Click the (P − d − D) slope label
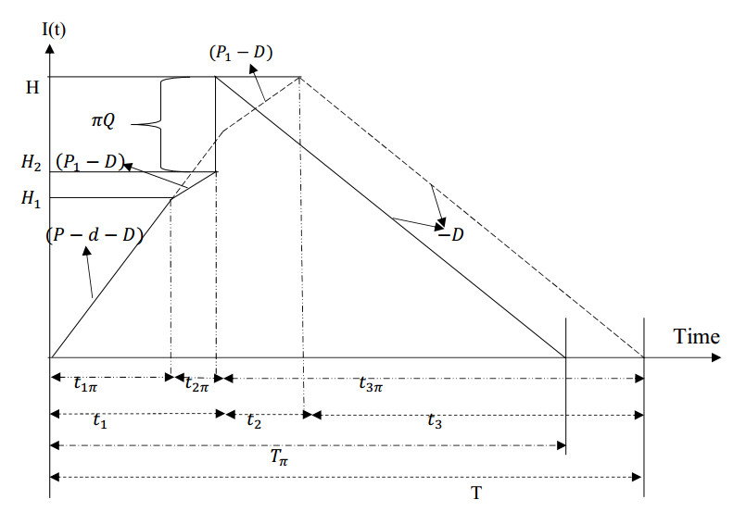[x=94, y=234]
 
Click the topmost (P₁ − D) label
[x=240, y=54]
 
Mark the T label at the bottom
[x=475, y=492]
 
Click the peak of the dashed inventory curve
[x=299, y=77]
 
